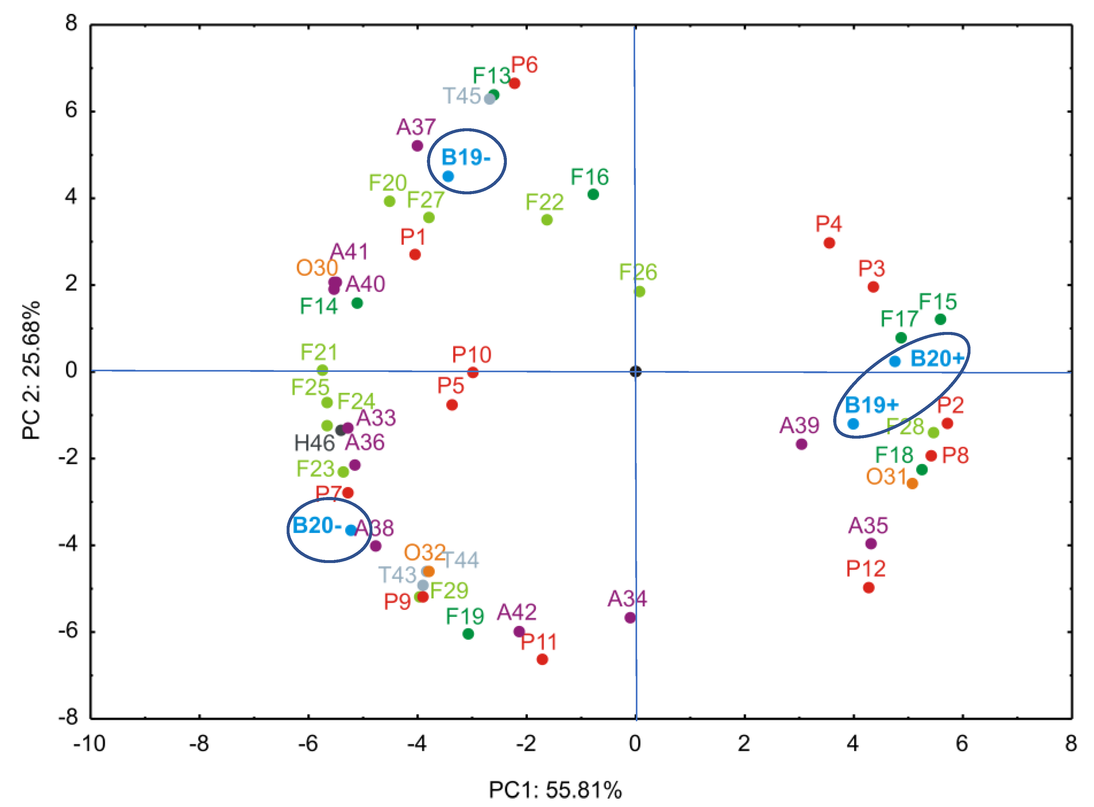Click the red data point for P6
pyautogui.click(x=515, y=83)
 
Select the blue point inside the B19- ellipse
pyautogui.click(x=448, y=176)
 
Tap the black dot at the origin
pyautogui.click(x=635, y=371)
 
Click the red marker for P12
pyautogui.click(x=868, y=588)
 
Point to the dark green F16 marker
pyautogui.click(x=593, y=194)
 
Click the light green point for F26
pyautogui.click(x=640, y=292)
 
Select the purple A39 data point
pyautogui.click(x=801, y=444)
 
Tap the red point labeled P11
pyautogui.click(x=542, y=659)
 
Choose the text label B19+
pyautogui.click(x=872, y=405)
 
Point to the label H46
pyautogui.click(x=314, y=443)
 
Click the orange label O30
pyautogui.click(x=317, y=268)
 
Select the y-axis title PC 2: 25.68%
pyautogui.click(x=31, y=371)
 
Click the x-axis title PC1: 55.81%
pyautogui.click(x=556, y=790)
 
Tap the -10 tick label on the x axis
pyautogui.click(x=89, y=744)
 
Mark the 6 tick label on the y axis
pyautogui.click(x=71, y=111)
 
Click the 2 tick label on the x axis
pyautogui.click(x=744, y=744)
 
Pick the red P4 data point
pyautogui.click(x=829, y=243)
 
